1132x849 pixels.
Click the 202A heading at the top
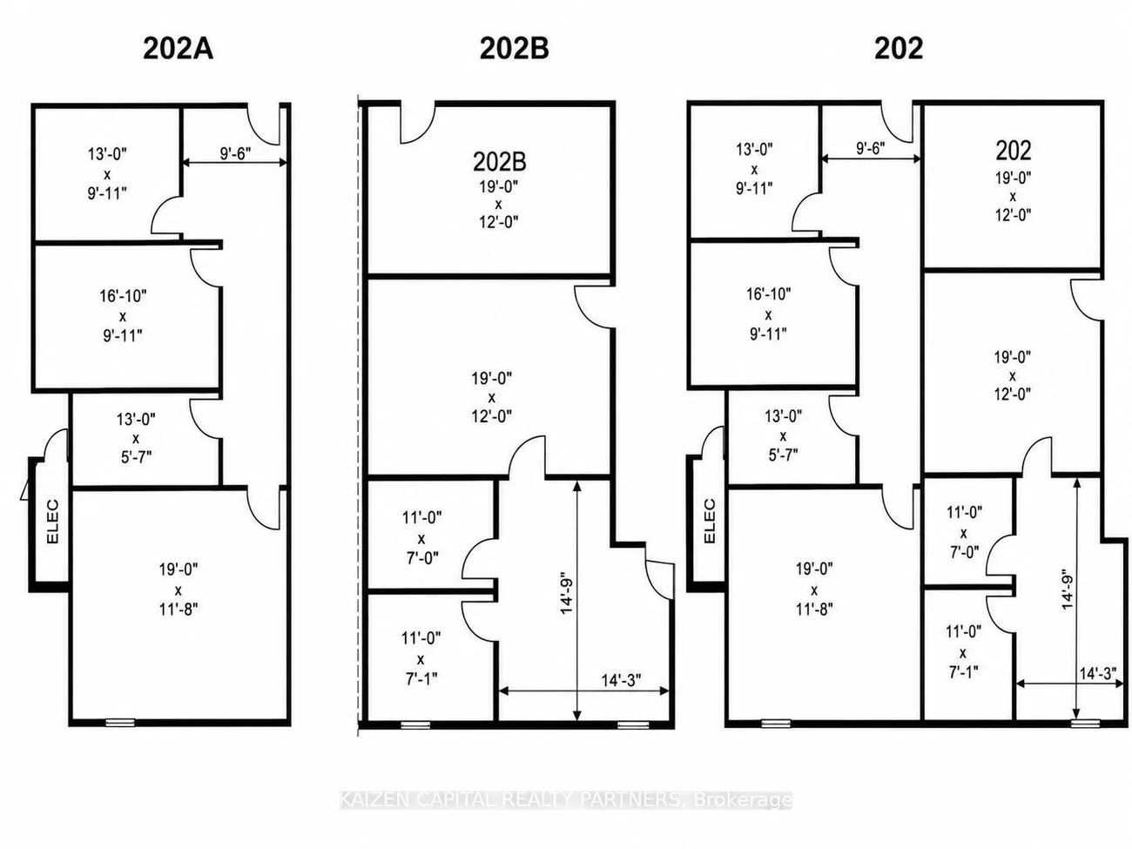[178, 50]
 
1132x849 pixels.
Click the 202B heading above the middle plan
[514, 50]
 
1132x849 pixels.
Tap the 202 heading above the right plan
[899, 50]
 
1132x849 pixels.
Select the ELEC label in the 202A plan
[52, 521]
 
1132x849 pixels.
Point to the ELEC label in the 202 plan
[710, 521]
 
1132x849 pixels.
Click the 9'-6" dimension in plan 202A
[235, 153]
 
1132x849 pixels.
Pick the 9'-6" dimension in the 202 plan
[871, 148]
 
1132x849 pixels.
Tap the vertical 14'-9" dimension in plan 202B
[567, 592]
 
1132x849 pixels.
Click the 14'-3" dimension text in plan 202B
[621, 680]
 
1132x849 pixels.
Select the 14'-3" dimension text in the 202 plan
[1098, 673]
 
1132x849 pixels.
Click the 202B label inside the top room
[500, 162]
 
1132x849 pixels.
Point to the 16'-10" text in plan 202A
[123, 296]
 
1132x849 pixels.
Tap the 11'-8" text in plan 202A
[179, 610]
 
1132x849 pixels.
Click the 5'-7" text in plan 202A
[136, 457]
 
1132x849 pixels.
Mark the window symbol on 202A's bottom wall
[120, 723]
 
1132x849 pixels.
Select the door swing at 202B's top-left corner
[418, 124]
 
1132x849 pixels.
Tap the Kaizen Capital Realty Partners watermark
[566, 800]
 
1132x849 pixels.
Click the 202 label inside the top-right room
[1014, 151]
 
